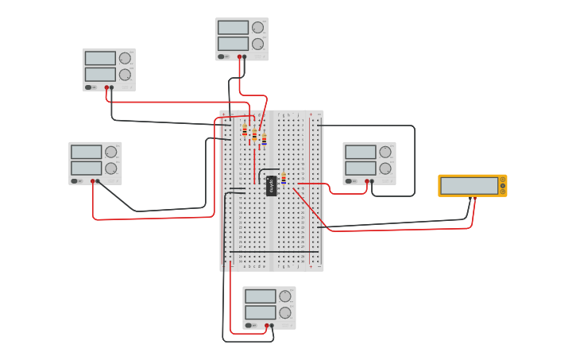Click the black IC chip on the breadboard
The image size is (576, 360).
point(271,186)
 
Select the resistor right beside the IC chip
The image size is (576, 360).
point(284,178)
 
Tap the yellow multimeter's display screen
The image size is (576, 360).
point(469,185)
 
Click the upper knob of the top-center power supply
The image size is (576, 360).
point(257,27)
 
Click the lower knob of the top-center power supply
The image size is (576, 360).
point(257,44)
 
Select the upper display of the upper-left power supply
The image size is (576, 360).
point(100,58)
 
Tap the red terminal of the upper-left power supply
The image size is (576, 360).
point(106,87)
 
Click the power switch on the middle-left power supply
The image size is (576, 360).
point(75,180)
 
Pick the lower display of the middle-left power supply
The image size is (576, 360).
point(86,168)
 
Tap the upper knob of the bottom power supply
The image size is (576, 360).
point(284,296)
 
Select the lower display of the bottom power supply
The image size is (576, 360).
point(260,312)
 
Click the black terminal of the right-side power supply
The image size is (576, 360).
point(372,181)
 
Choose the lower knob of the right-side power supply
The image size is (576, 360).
point(385,168)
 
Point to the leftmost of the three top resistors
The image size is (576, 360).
point(245,130)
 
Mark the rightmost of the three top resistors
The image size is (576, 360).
point(264,138)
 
